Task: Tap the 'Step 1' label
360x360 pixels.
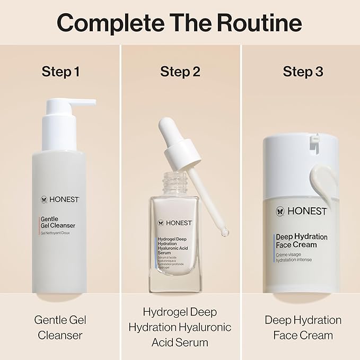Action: (60, 72)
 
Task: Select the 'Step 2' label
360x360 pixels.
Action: (180, 72)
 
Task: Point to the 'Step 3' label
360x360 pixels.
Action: (303, 72)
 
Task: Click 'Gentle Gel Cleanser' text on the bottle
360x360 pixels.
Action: (58, 222)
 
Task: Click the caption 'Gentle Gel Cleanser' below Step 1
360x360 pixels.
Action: (60, 327)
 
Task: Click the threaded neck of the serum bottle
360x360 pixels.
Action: (173, 182)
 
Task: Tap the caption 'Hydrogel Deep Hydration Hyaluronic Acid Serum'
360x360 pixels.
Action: (180, 327)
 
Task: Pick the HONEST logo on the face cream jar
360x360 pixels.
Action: (301, 211)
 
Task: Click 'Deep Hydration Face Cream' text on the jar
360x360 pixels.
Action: (301, 241)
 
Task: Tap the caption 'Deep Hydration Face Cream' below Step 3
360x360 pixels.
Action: (303, 327)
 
